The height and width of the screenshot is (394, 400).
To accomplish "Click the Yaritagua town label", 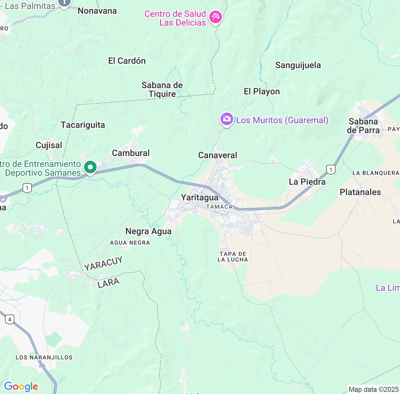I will [200, 197].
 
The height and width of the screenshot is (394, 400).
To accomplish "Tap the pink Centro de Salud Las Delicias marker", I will [215, 17].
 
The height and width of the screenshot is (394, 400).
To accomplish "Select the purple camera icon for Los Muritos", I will [227, 119].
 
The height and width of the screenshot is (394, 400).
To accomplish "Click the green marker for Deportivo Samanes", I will [90, 167].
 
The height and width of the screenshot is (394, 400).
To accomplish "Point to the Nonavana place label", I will [97, 11].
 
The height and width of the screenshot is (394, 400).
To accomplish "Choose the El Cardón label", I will [127, 61].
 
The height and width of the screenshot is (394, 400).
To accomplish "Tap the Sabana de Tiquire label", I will [162, 89].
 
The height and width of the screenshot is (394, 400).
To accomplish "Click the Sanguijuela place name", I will [298, 65].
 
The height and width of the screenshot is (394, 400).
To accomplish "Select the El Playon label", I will [262, 91].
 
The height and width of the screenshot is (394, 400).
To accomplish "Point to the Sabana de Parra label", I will [363, 126].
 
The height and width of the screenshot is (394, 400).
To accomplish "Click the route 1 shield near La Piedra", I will [331, 169].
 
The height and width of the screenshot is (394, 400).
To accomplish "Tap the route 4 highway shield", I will [10, 319].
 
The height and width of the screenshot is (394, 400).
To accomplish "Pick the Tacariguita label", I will [83, 125].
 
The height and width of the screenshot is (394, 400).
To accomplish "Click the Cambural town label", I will [131, 153].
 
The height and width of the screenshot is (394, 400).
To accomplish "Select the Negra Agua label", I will [148, 231].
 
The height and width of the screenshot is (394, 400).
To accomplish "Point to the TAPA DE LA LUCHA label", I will [232, 257].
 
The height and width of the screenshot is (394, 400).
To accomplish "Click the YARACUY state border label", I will [103, 263].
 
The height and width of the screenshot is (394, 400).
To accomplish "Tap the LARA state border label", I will [108, 283].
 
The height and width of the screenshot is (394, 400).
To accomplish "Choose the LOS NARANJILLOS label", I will [44, 357].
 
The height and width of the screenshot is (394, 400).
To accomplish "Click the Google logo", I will [21, 386].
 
